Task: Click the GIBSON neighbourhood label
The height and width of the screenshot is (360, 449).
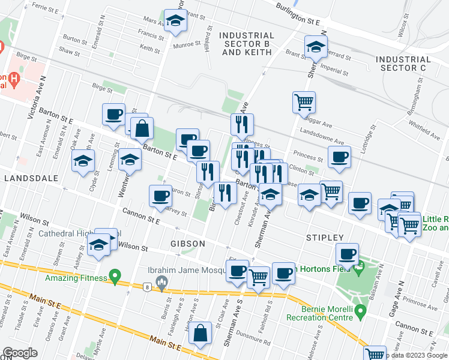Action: point(187,244)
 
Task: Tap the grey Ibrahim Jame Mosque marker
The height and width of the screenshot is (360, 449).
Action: point(161,281)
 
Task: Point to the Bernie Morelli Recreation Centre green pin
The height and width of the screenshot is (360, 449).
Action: point(360,311)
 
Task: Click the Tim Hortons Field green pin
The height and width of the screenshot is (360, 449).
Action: point(359,269)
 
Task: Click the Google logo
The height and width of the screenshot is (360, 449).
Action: point(20,353)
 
